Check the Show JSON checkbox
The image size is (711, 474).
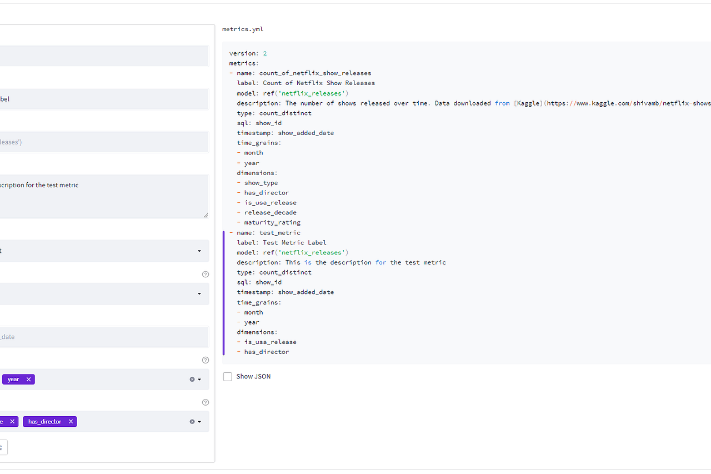click(228, 377)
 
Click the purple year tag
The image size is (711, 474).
click(13, 380)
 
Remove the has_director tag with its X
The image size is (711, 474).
click(71, 422)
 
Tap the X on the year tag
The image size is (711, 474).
click(28, 380)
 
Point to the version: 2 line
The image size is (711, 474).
click(248, 53)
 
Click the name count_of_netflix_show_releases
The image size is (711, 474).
click(315, 73)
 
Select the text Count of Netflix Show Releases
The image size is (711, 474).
click(319, 83)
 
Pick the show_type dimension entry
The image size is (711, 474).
click(261, 183)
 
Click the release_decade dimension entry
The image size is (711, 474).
click(271, 213)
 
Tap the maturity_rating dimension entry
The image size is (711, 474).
click(272, 223)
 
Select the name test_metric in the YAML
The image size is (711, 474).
click(280, 233)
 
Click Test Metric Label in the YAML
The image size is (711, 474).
click(294, 243)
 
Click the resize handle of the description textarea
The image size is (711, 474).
click(206, 215)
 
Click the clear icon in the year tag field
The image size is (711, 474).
click(192, 380)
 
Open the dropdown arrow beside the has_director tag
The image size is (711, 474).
click(199, 422)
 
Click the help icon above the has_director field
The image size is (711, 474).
click(206, 402)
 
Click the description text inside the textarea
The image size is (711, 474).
click(39, 185)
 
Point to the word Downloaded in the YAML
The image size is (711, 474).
click(472, 103)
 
